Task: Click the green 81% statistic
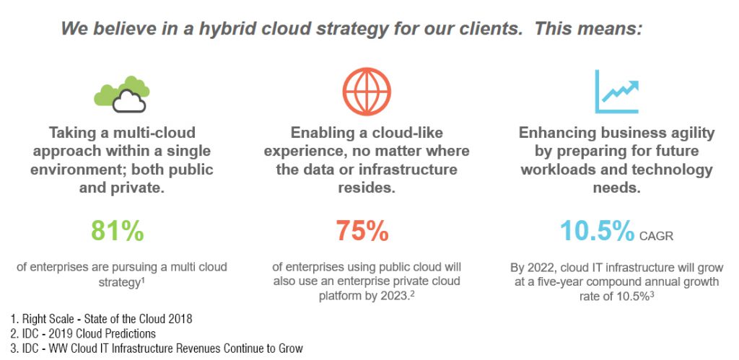[x=118, y=231]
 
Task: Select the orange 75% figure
[x=362, y=231]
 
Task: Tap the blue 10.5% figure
[x=597, y=231]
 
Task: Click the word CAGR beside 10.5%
[x=656, y=235]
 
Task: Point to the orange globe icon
[x=367, y=92]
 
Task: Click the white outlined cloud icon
[x=128, y=101]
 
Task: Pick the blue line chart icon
[x=616, y=92]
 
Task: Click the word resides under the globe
[x=366, y=188]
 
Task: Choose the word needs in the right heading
[x=616, y=188]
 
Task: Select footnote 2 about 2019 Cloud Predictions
[x=82, y=333]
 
